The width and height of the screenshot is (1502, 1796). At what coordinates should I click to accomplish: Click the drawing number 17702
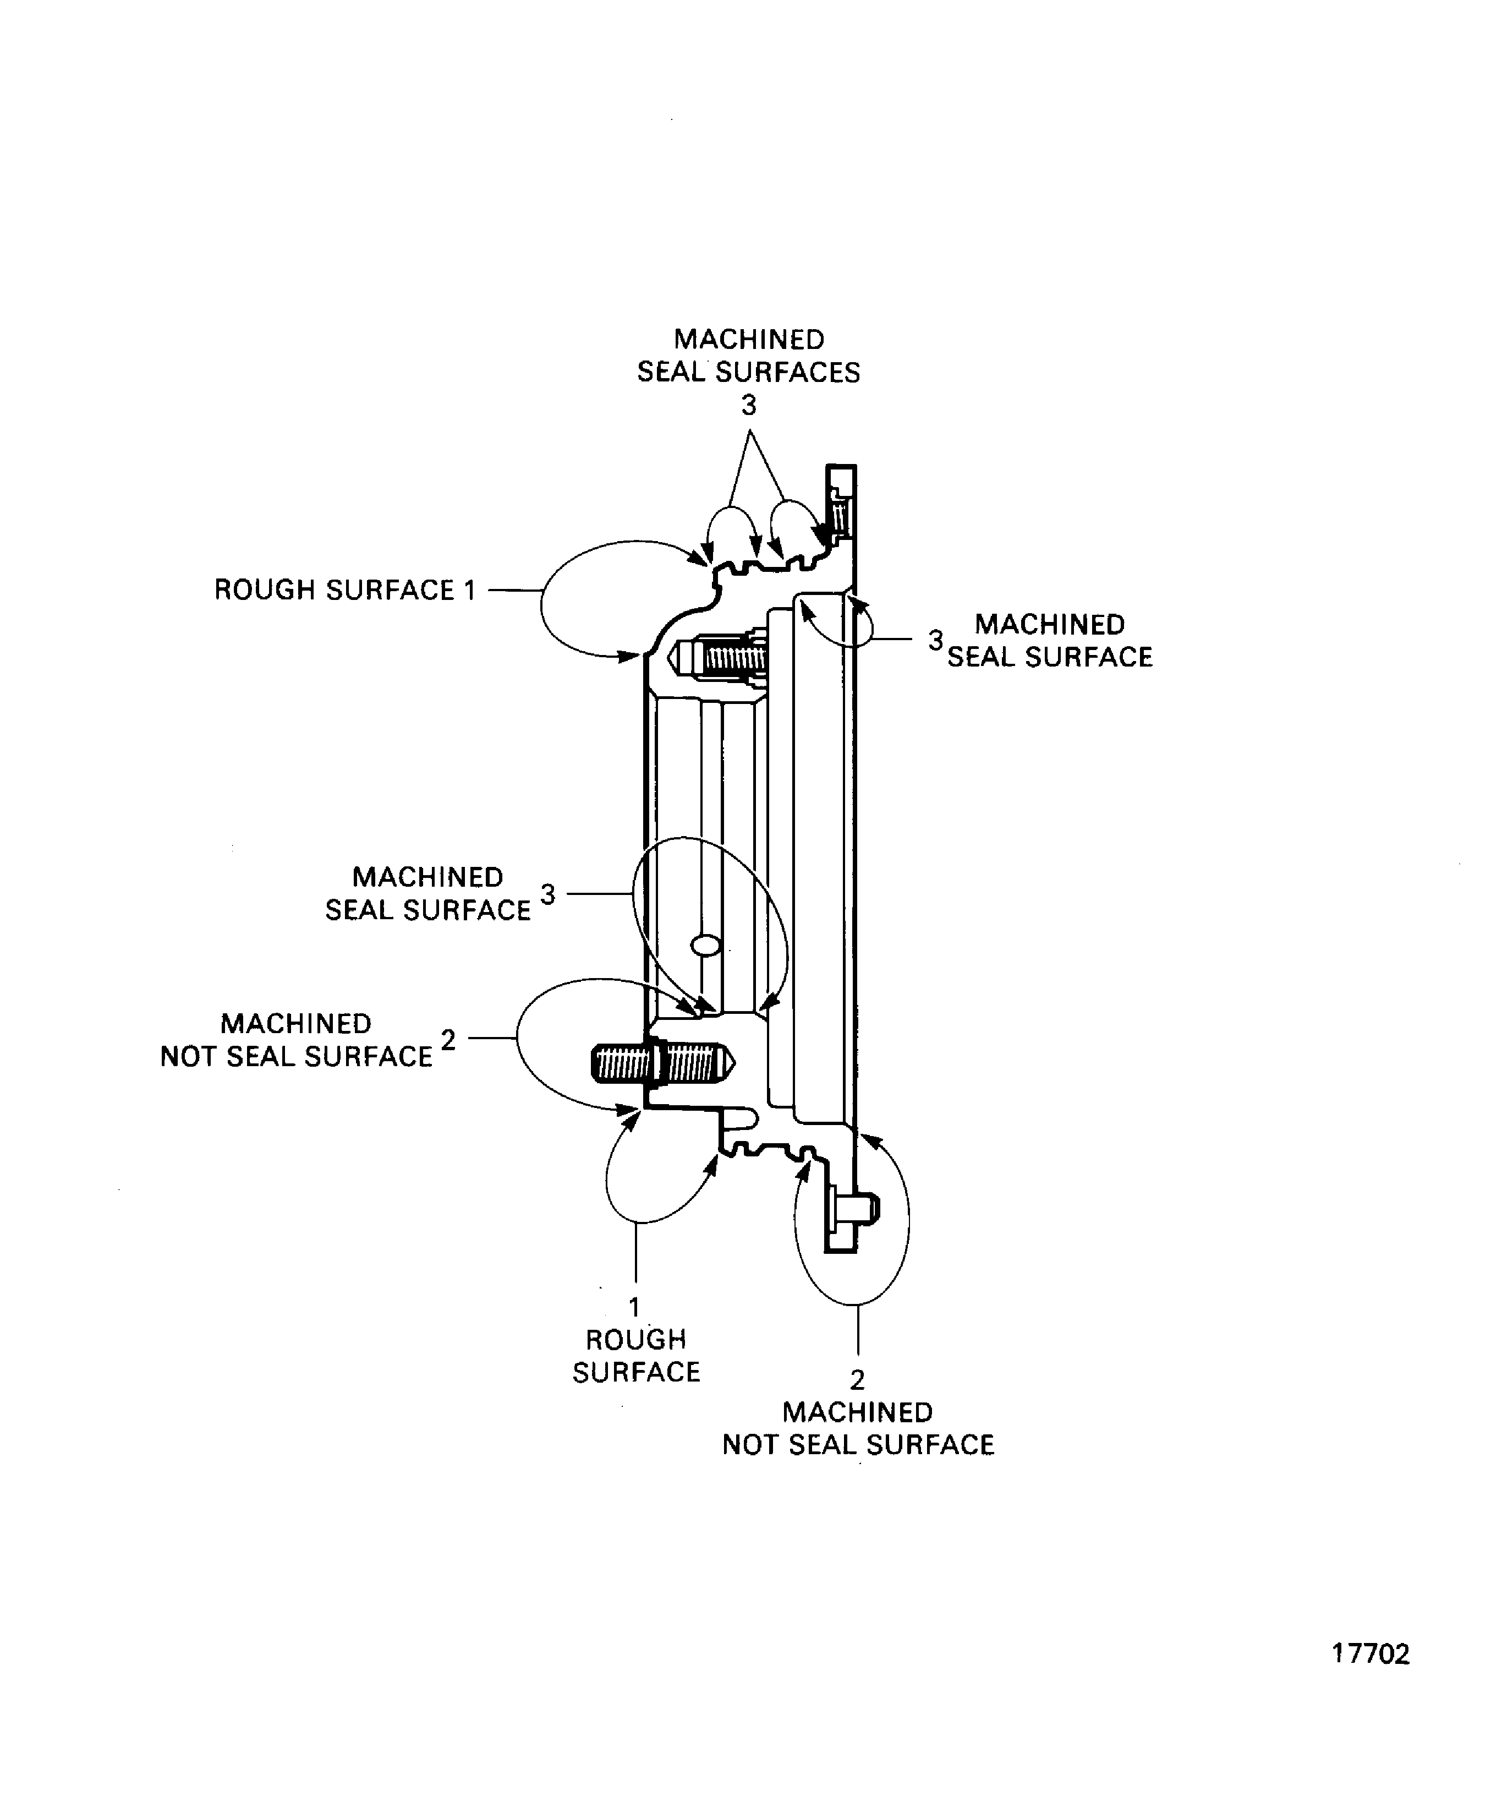pyautogui.click(x=1371, y=1678)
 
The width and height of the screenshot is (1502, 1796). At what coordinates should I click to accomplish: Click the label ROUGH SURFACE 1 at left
pyautogui.click(x=344, y=590)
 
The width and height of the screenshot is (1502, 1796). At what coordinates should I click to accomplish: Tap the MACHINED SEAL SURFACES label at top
pyautogui.click(x=749, y=356)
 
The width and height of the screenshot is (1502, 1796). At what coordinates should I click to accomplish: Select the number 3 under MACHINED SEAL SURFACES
pyautogui.click(x=749, y=406)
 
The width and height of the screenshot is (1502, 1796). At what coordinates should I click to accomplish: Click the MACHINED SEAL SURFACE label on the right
pyautogui.click(x=1050, y=641)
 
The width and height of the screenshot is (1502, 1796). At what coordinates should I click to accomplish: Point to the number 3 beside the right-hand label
pyautogui.click(x=936, y=640)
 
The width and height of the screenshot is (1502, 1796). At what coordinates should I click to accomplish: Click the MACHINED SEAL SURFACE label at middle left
pyautogui.click(x=427, y=894)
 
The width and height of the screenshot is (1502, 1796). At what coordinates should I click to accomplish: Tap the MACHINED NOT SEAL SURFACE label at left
pyautogui.click(x=297, y=1040)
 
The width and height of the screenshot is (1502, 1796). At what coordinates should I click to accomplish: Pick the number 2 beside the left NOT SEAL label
pyautogui.click(x=448, y=1040)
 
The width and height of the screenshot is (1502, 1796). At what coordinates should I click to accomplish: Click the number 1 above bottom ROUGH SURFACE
pyautogui.click(x=634, y=1307)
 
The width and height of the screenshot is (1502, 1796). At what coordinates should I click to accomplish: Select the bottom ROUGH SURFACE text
pyautogui.click(x=636, y=1356)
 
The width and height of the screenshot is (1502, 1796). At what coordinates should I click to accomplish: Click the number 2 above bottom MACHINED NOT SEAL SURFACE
pyautogui.click(x=857, y=1379)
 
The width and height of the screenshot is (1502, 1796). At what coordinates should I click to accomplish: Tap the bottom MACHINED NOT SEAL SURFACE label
pyautogui.click(x=858, y=1428)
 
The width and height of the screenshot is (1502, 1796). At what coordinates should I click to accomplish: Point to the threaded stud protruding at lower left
pyautogui.click(x=662, y=1063)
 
